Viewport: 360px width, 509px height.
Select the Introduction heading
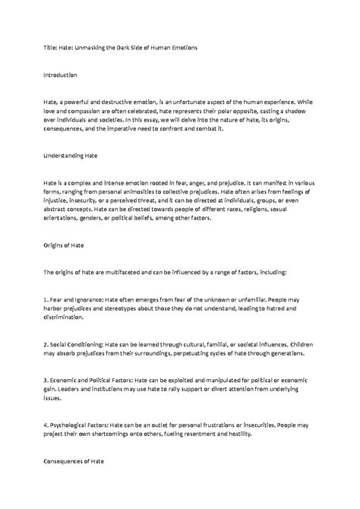[62, 75]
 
